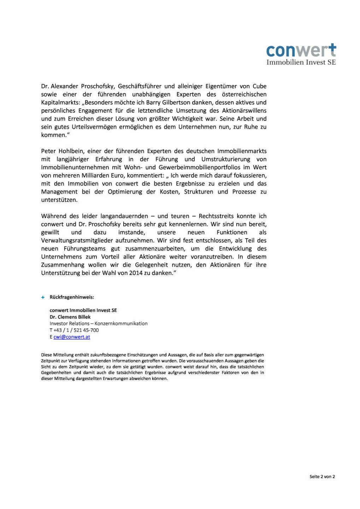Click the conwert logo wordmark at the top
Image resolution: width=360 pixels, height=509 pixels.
tap(301, 51)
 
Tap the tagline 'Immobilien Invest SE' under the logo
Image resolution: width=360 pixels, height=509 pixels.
tap(301, 63)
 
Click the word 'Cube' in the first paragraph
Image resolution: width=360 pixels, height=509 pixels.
tap(259, 86)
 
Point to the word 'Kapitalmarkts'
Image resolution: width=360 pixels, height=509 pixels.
tap(60, 103)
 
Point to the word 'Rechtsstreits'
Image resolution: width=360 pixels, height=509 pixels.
tap(216, 216)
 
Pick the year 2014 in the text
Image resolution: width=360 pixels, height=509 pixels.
tap(136, 273)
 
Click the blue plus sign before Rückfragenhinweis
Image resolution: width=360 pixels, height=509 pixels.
tap(43, 298)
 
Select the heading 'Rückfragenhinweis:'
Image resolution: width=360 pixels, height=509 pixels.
tap(72, 297)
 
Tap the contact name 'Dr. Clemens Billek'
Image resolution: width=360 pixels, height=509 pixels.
tap(70, 317)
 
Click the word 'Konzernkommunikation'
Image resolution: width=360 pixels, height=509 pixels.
tap(121, 324)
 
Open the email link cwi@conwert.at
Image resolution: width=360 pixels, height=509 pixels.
tap(72, 337)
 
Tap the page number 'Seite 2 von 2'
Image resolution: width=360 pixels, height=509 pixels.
tap(322, 477)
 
